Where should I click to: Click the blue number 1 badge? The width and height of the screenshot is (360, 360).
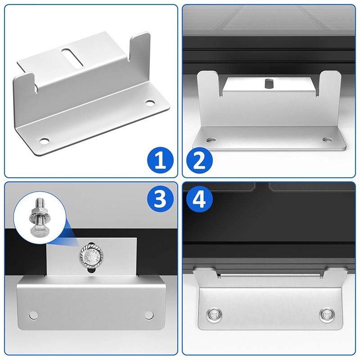pyautogui.click(x=160, y=161)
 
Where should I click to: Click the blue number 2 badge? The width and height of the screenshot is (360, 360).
pyautogui.click(x=199, y=161)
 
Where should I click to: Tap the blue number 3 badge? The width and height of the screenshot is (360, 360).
pyautogui.click(x=160, y=198)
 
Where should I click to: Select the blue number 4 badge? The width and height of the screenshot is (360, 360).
pyautogui.click(x=199, y=198)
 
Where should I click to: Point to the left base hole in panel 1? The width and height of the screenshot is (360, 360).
pyautogui.click(x=44, y=141)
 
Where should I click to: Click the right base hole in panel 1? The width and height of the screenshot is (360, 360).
pyautogui.click(x=149, y=103)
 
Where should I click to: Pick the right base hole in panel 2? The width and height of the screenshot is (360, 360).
pyautogui.click(x=326, y=139)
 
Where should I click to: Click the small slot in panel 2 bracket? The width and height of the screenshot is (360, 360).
pyautogui.click(x=270, y=83)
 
